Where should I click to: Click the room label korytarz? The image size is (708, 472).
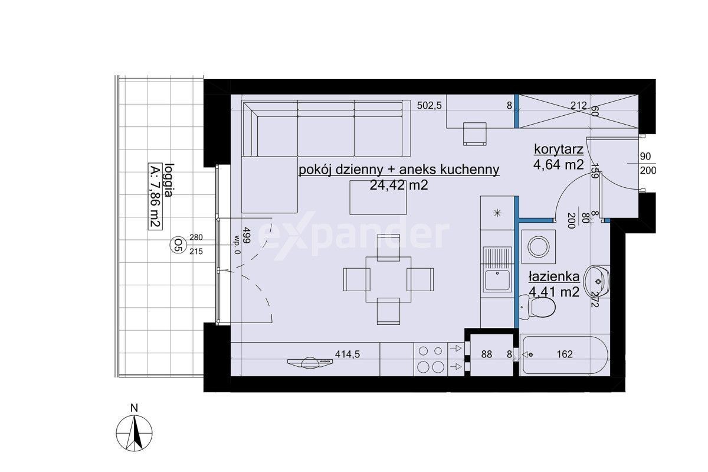pos(559,149)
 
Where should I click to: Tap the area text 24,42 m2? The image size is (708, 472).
pos(399,185)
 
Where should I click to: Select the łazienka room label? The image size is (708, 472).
pos(554,276)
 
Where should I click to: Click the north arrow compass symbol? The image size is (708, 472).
pos(135,433)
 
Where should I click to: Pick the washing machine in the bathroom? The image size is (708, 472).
pos(538,247)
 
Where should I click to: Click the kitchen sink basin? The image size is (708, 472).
pos(497,280)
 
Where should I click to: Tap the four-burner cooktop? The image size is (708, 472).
pos(431,359)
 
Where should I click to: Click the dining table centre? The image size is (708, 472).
pos(388,279)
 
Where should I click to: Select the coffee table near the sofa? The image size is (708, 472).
pos(378,197)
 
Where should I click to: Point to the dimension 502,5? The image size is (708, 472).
pos(429,105)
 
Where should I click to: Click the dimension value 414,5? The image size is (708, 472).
pos(348,354)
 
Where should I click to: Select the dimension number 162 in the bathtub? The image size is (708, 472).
pos(565,354)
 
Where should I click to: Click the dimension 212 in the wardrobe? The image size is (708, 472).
pos(578,105)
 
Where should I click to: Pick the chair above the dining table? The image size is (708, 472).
pos(388,248)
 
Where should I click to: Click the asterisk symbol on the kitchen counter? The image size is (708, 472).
pos(497,213)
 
